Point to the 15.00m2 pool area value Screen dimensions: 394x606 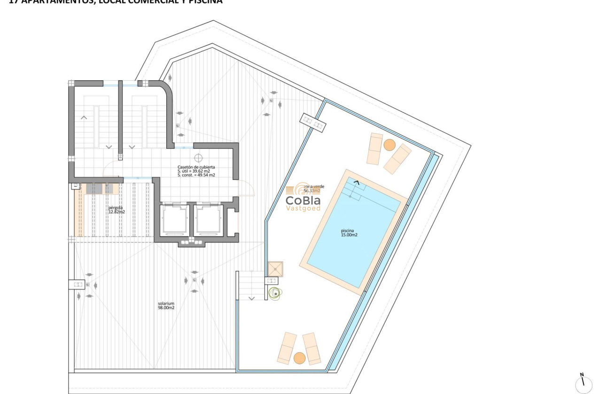[x=349, y=235]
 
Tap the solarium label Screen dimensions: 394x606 [x=166, y=303]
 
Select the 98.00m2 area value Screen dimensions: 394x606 [x=166, y=308]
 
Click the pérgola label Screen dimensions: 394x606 [x=116, y=207]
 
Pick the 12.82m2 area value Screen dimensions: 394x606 [x=117, y=212]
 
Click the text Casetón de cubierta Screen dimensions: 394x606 [x=196, y=167]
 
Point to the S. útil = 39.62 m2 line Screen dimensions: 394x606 [x=194, y=171]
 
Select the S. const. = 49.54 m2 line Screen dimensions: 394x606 [x=196, y=175]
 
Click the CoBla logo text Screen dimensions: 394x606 [x=303, y=200]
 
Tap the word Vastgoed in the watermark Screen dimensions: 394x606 [x=303, y=208]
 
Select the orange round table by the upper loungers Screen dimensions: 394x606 [x=389, y=145]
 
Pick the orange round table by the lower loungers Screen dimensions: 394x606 [x=299, y=358]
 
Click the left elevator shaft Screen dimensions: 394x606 [x=174, y=220]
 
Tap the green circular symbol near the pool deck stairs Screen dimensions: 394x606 [x=274, y=293]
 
